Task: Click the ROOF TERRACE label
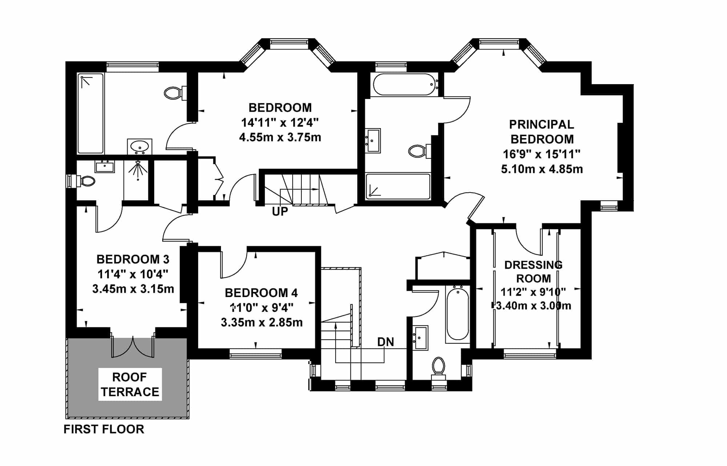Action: coord(130,384)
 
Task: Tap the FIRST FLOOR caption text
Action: coord(104,429)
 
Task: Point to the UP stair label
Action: coord(280,212)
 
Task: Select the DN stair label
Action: coord(386,342)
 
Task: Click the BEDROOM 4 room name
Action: coord(261,293)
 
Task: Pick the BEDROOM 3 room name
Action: coord(133,259)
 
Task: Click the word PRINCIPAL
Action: coord(542,125)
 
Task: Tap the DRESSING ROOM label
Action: coord(533,272)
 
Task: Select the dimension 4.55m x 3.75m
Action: coord(280,137)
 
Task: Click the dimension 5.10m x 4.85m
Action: coord(542,169)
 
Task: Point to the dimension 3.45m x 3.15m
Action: coord(133,289)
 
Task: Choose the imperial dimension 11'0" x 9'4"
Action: coord(262,308)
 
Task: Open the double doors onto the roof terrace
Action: coord(133,347)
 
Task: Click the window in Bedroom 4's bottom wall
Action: coord(256,354)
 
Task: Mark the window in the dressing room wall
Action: coord(530,354)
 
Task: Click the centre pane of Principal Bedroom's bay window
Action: coord(503,44)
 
